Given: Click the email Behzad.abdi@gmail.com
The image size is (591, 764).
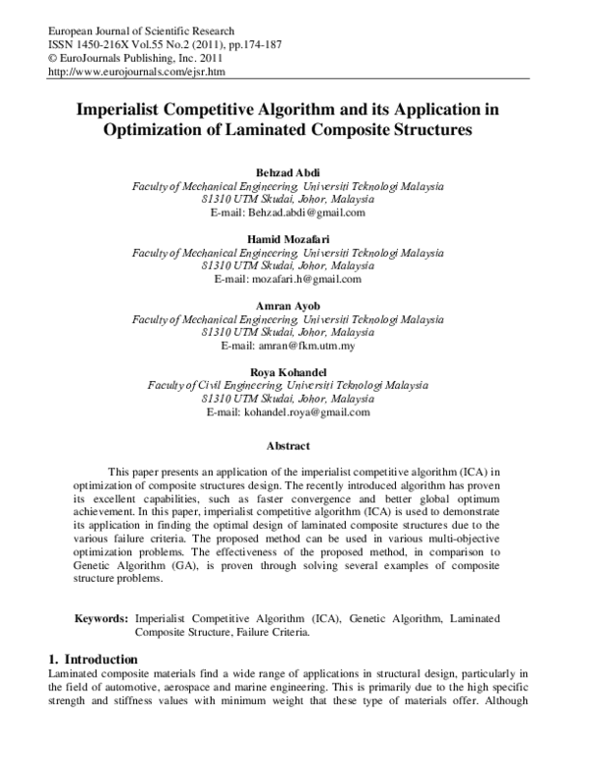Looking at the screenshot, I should [x=307, y=212].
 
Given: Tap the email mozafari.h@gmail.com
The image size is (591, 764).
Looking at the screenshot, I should [x=307, y=279].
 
